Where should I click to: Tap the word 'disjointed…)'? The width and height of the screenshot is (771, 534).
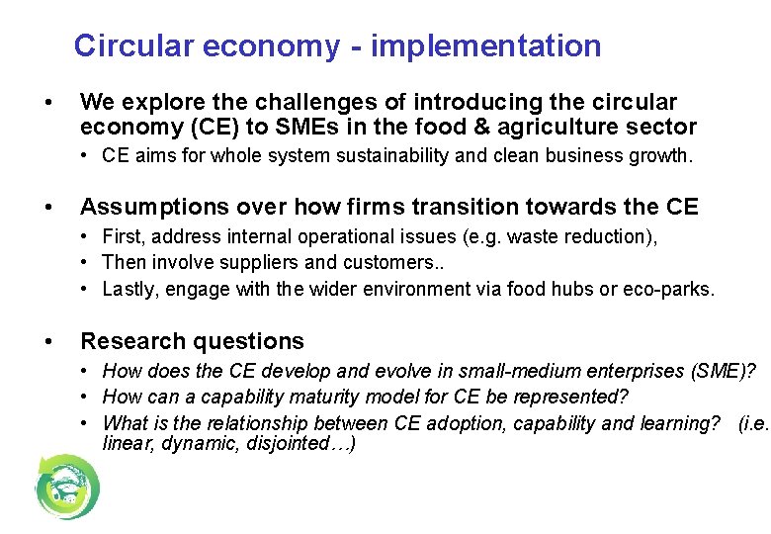[x=307, y=444]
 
